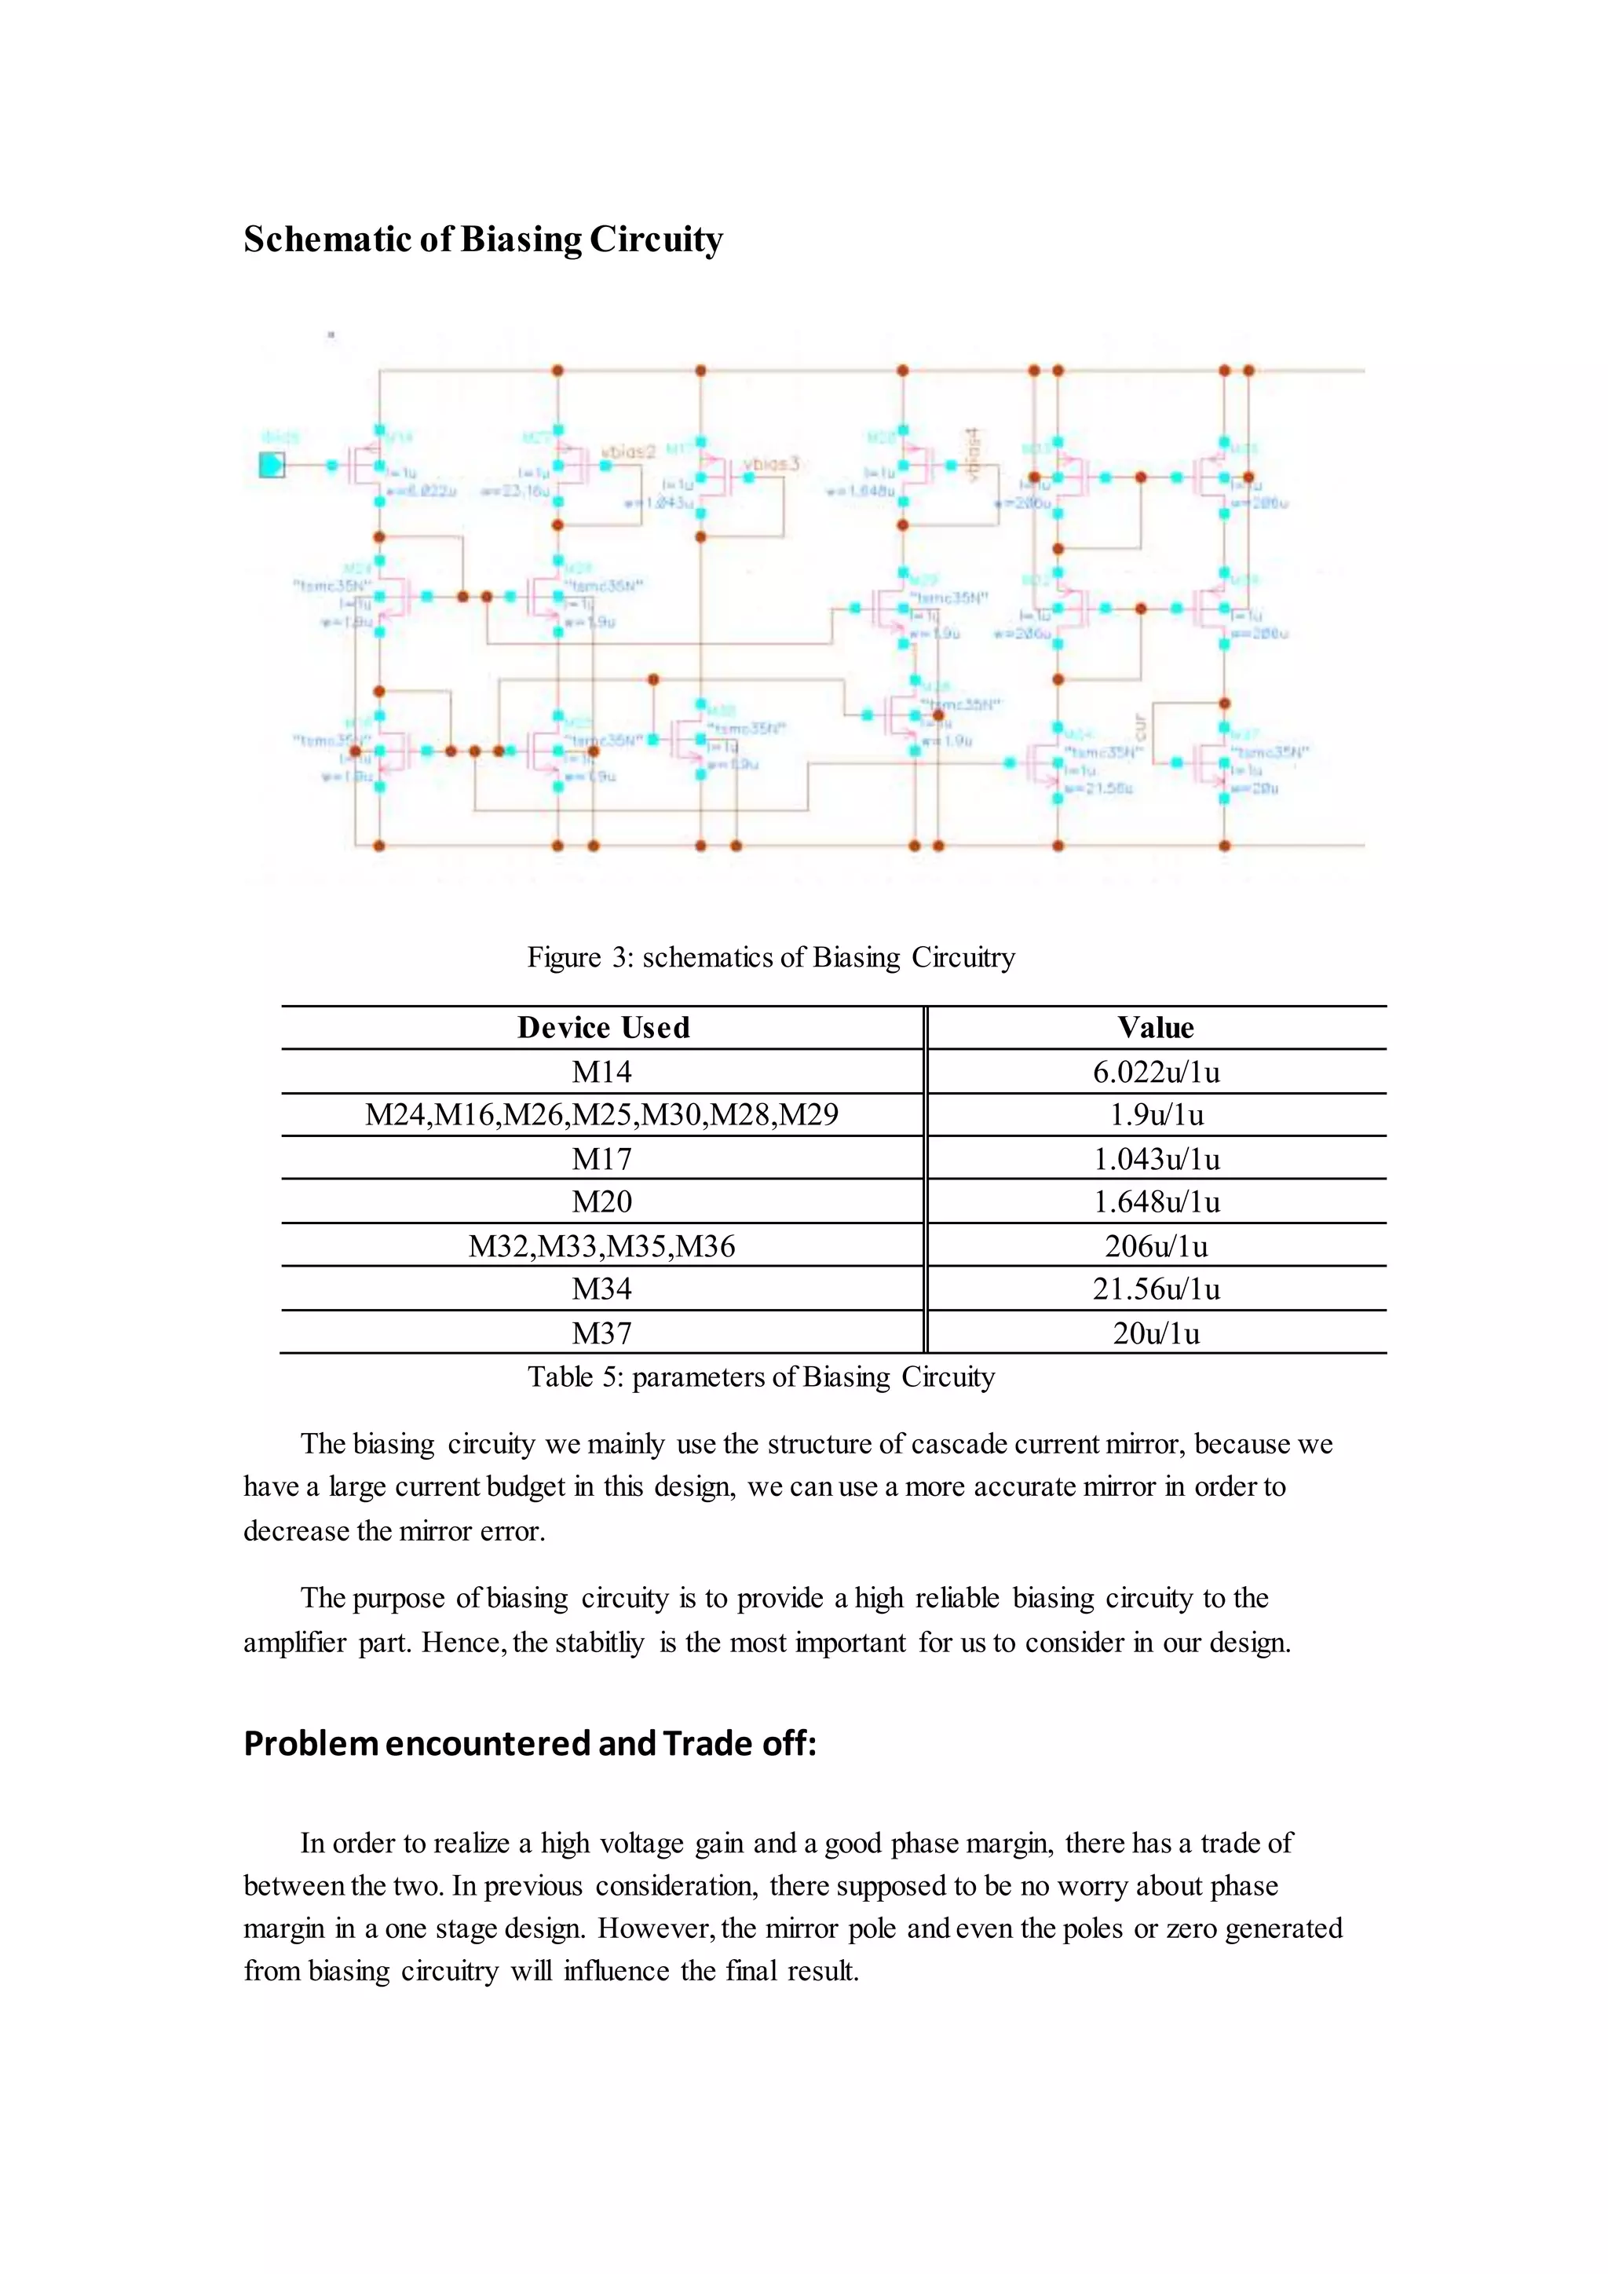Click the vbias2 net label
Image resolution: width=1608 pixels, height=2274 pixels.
pyautogui.click(x=629, y=452)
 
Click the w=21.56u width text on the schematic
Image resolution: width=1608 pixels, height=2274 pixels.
pyautogui.click(x=1099, y=788)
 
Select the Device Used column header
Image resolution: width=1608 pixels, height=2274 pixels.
pyautogui.click(x=603, y=1028)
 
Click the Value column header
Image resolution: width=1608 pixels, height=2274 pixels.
pyautogui.click(x=1156, y=1028)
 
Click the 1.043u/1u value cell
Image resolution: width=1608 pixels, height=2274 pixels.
pyautogui.click(x=1156, y=1159)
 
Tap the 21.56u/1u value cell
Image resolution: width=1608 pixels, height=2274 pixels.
pyautogui.click(x=1156, y=1289)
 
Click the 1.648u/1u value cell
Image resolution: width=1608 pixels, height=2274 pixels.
pyautogui.click(x=1156, y=1202)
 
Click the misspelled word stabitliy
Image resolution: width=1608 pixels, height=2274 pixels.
pyautogui.click(x=600, y=1643)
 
